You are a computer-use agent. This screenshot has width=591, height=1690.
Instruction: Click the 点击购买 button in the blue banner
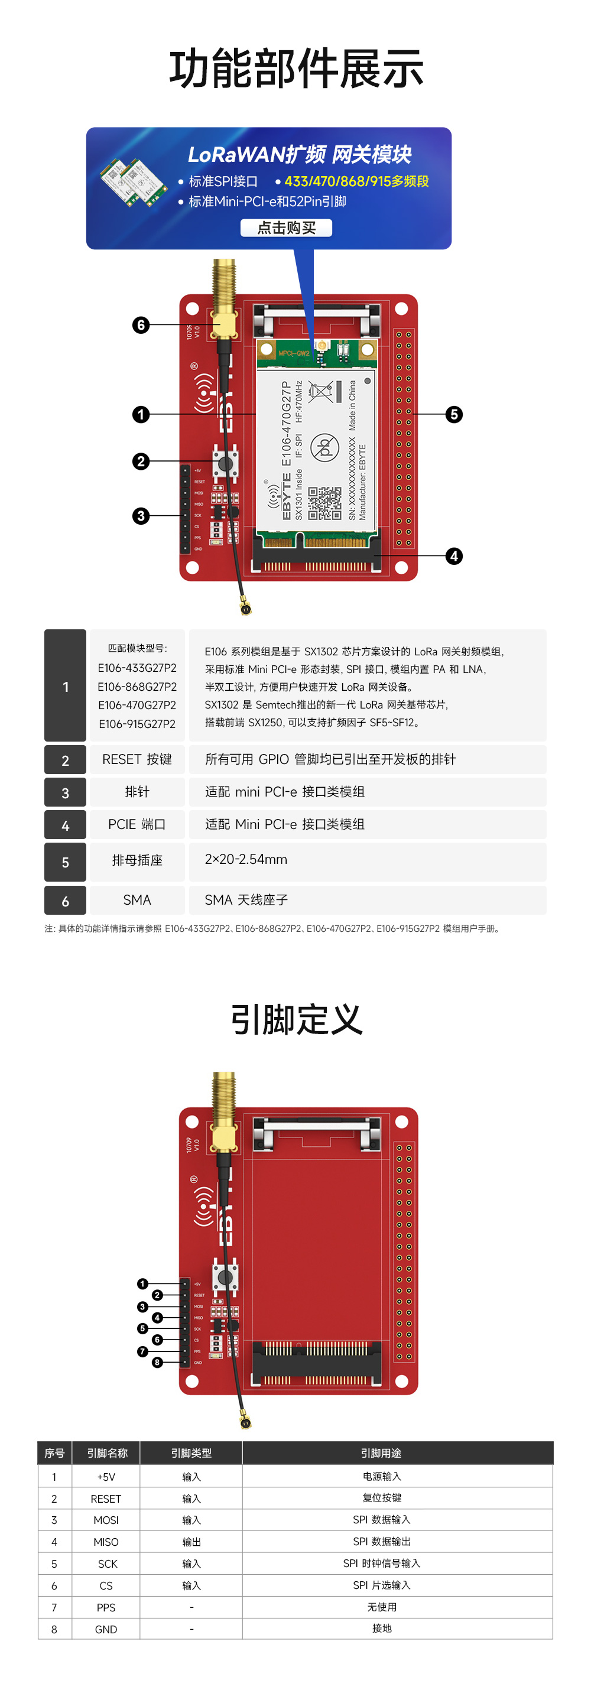pyautogui.click(x=286, y=227)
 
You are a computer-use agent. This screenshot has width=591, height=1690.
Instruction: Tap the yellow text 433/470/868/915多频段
pyautogui.click(x=356, y=181)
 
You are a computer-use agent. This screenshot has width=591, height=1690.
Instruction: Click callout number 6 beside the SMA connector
pyautogui.click(x=141, y=325)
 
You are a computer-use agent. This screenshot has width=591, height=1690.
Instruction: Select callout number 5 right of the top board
pyautogui.click(x=454, y=414)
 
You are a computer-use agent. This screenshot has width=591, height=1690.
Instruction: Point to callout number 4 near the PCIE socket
pyautogui.click(x=454, y=556)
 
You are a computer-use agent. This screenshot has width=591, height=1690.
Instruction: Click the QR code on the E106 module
pyautogui.click(x=324, y=502)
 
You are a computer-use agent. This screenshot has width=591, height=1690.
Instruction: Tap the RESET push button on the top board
pyautogui.click(x=225, y=463)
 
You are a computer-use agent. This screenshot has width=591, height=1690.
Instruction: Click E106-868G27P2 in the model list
pyautogui.click(x=137, y=686)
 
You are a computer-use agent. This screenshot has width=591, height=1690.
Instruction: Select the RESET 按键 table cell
pyautogui.click(x=137, y=759)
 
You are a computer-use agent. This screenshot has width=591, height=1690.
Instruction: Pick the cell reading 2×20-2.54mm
pyautogui.click(x=246, y=859)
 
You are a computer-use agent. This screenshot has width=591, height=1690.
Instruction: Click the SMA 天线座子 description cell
pyautogui.click(x=246, y=900)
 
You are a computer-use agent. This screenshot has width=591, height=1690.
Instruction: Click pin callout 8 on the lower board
pyautogui.click(x=157, y=1362)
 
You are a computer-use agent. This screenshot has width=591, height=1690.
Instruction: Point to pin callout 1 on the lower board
pyautogui.click(x=142, y=1284)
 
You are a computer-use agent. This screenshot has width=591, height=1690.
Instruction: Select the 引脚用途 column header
pyautogui.click(x=381, y=1453)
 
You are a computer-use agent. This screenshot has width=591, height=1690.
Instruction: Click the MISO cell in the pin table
pyautogui.click(x=106, y=1542)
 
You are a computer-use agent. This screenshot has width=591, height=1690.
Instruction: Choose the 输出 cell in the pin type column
pyautogui.click(x=191, y=1542)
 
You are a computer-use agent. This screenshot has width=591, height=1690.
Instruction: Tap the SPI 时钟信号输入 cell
pyautogui.click(x=381, y=1564)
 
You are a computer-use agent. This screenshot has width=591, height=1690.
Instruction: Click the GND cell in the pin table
pyautogui.click(x=106, y=1629)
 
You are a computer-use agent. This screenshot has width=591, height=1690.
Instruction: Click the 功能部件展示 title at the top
pyautogui.click(x=296, y=69)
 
